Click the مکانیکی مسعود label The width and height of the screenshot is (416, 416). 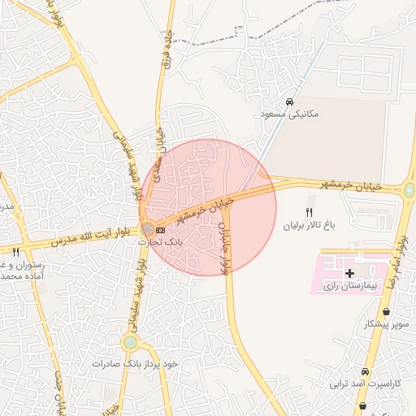(291, 115)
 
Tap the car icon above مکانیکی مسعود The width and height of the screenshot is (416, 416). (290, 102)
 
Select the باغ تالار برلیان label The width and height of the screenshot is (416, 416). (308, 225)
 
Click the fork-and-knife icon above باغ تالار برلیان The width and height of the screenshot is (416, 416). (308, 212)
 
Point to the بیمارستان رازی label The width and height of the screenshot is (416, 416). (350, 286)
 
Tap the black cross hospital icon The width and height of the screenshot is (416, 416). (349, 274)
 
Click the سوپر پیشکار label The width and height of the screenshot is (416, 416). (386, 324)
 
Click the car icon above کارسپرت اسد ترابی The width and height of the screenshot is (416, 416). (365, 371)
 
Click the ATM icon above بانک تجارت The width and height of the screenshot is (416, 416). (160, 230)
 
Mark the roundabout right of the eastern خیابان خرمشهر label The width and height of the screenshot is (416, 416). (409, 190)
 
